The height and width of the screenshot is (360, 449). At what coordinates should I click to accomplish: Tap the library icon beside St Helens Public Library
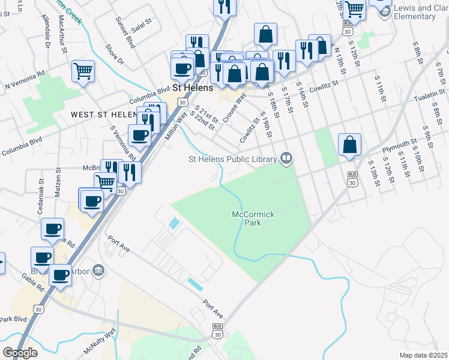tap(287, 158)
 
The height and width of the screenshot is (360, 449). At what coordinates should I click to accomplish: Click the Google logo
tap(20, 353)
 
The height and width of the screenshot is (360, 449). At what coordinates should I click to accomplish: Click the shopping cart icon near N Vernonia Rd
tap(83, 71)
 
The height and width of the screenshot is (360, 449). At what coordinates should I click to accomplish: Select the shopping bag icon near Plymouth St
tap(349, 145)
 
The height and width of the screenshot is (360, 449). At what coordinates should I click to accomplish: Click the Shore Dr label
tap(114, 53)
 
